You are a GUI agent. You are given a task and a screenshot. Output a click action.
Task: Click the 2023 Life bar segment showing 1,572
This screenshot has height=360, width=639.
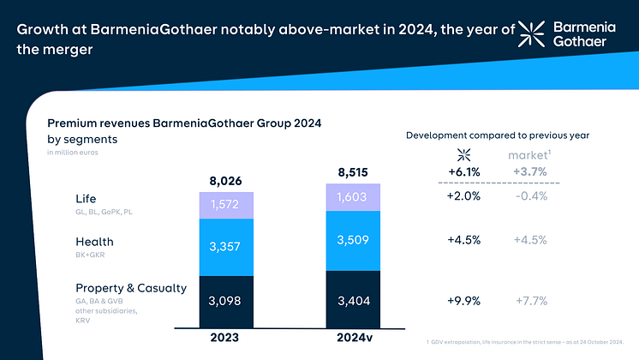[226, 205]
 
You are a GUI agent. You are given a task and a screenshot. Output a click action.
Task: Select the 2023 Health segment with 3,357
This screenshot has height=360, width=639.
[226, 248]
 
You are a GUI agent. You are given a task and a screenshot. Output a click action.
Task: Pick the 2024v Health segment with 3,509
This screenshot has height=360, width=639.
[354, 241]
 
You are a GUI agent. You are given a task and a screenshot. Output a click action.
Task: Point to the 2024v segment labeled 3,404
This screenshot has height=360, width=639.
[354, 300]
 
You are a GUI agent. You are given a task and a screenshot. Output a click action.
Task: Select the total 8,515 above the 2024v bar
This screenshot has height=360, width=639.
[354, 172]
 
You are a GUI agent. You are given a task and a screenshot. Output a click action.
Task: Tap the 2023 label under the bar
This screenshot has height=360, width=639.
[226, 337]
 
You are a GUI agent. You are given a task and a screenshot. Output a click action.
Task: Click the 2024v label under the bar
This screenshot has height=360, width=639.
[354, 337]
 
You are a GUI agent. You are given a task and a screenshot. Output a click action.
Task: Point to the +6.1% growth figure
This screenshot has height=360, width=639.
[464, 172]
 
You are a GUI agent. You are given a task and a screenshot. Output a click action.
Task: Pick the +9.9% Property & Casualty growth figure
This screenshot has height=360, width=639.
[464, 300]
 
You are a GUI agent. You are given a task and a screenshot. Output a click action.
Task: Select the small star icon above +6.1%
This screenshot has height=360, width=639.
[464, 154]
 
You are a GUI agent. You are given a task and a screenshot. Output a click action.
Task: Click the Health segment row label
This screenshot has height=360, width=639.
[94, 242]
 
